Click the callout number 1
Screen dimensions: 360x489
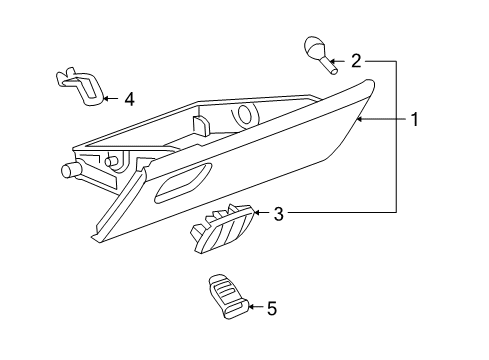412,121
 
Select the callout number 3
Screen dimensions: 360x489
280,213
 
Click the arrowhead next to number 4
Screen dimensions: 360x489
107,99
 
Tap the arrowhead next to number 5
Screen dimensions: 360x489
249,308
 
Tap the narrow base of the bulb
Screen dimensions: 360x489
331,71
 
